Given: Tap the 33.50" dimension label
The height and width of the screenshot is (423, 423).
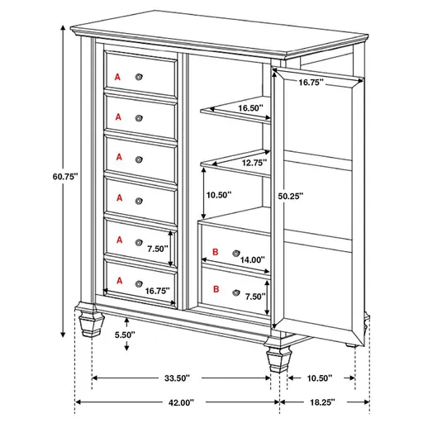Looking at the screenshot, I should click(x=177, y=378).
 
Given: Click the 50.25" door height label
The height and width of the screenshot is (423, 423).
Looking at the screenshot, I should click(x=290, y=197).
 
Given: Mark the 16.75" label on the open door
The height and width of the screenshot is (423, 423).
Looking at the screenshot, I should click(x=311, y=83).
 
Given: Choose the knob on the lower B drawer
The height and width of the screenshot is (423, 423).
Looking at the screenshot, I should click(x=237, y=291).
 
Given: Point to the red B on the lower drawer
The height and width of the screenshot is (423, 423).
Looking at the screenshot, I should click(x=216, y=289).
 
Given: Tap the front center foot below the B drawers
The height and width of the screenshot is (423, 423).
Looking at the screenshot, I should click(x=276, y=357).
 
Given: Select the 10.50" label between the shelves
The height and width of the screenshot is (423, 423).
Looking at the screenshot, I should click(x=219, y=195).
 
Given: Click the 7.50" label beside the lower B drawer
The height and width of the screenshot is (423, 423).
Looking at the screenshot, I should click(x=254, y=297).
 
